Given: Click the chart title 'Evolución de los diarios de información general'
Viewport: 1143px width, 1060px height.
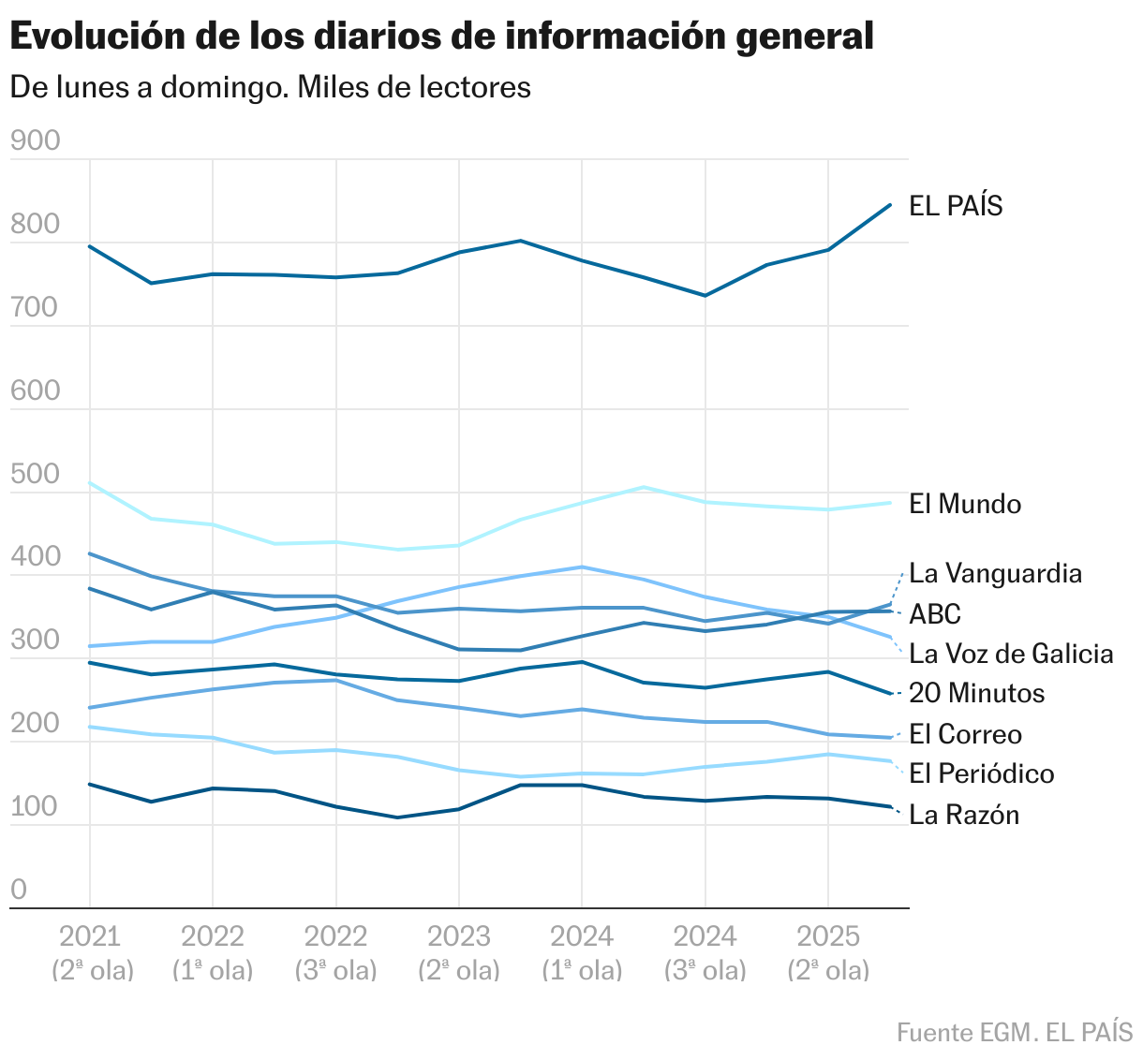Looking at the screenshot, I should [x=441, y=37].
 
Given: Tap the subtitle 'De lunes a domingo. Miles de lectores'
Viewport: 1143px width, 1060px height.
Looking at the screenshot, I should [x=270, y=87].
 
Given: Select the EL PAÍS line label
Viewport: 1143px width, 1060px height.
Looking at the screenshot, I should [x=956, y=206].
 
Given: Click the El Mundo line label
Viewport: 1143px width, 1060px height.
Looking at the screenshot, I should [x=965, y=504].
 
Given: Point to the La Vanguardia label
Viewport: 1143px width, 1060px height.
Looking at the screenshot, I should [x=995, y=573].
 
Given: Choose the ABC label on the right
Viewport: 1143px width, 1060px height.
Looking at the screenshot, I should [x=935, y=614].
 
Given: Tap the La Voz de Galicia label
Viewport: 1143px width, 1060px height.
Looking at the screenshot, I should [x=1011, y=654].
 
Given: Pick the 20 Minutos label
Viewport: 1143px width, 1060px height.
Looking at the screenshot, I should [x=976, y=693].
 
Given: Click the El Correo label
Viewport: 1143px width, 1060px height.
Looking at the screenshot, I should [x=965, y=734].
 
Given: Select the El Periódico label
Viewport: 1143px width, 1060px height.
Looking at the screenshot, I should [x=981, y=773].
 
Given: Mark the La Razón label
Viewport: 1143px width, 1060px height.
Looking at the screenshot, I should [x=964, y=815].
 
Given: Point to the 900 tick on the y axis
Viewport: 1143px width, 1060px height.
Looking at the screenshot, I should [x=35, y=140].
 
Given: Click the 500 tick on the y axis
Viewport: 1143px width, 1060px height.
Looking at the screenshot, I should [x=35, y=474].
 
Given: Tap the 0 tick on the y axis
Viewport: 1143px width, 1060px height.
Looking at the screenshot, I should [x=19, y=890].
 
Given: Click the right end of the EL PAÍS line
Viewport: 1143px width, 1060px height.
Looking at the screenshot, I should [x=889, y=204].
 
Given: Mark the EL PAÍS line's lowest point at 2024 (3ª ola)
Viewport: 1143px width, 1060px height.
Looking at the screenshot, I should [x=705, y=296].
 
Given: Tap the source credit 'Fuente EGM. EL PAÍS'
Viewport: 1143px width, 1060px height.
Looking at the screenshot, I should [x=1014, y=1033].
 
